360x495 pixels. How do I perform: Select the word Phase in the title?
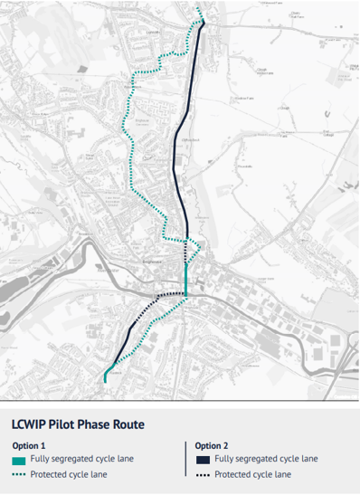[x=104, y=423]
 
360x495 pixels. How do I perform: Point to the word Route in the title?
[x=138, y=423]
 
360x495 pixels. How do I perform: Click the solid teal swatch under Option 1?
[x=19, y=460]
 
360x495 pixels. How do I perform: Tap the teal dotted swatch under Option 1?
[x=19, y=474]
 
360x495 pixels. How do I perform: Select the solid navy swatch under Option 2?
[x=201, y=460]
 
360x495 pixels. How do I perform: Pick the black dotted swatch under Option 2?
[x=201, y=474]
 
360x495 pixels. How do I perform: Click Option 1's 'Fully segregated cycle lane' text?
[x=82, y=460]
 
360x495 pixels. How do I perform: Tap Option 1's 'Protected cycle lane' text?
[x=69, y=474]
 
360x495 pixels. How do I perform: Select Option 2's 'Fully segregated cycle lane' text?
[x=266, y=460]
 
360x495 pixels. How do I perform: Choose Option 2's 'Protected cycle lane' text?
[x=252, y=474]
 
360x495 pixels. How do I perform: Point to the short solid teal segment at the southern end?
[x=107, y=376]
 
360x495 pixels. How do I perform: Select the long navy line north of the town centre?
[x=178, y=136]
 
